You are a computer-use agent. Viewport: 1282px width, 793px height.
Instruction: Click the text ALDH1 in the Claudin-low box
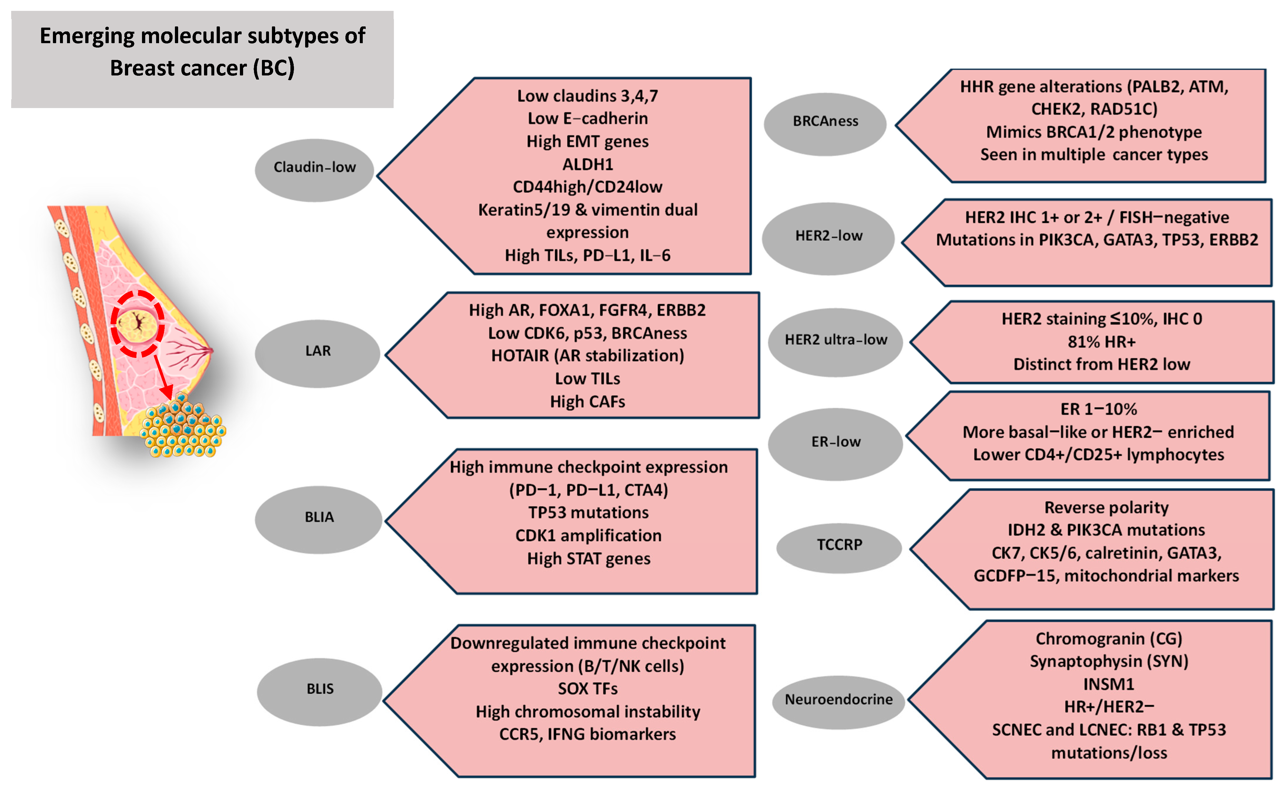pos(587,165)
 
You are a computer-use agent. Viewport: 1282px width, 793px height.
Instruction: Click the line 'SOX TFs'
pos(587,689)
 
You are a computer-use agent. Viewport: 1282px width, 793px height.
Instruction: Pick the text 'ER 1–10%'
pos(1098,409)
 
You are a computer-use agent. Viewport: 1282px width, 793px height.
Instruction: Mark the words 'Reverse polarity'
pos(1106,508)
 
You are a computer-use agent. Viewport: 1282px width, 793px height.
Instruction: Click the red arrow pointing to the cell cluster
pos(163,378)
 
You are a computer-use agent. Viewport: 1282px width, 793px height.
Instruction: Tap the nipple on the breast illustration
pos(211,350)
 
